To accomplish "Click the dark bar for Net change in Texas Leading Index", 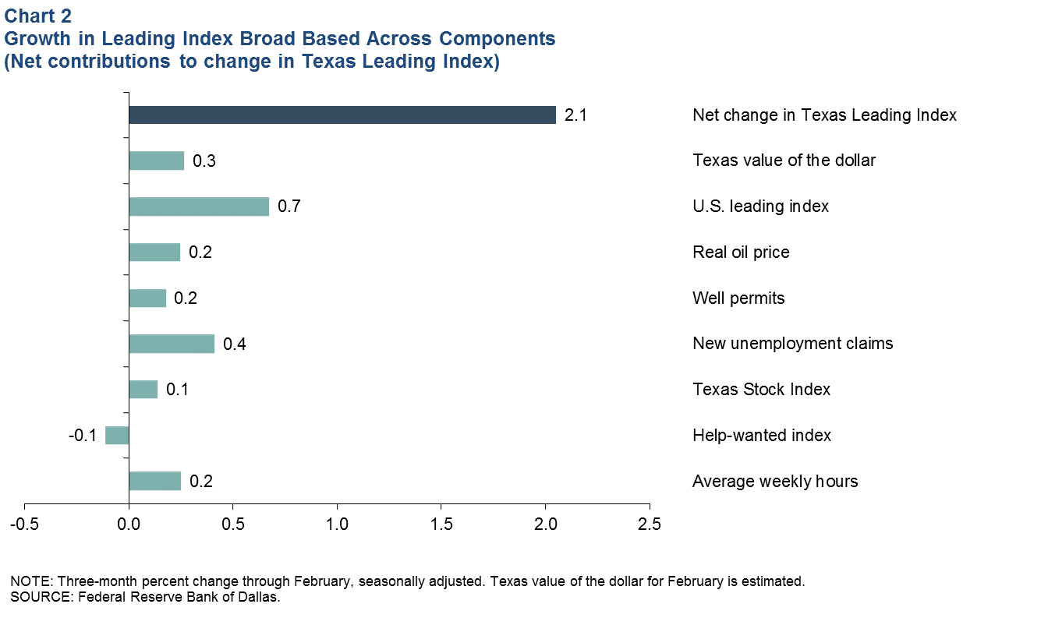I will click(x=342, y=115).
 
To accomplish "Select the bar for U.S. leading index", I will click(x=199, y=207).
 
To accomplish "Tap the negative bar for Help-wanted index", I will click(x=117, y=435).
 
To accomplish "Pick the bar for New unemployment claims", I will click(x=172, y=344).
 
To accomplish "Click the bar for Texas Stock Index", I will click(x=143, y=389).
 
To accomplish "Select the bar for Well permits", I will click(x=147, y=298).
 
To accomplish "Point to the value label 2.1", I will click(x=575, y=115).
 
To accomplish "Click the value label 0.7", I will click(x=289, y=207).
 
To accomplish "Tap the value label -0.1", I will click(x=81, y=435).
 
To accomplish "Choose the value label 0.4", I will click(x=235, y=344).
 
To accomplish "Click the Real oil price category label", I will click(x=741, y=252).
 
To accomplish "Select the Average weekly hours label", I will click(x=775, y=482).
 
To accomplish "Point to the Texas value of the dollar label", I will click(x=784, y=161).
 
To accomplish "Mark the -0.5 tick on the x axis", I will click(x=25, y=523).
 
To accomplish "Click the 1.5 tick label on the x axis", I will click(x=441, y=523).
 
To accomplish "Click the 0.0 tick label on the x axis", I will click(x=129, y=523).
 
